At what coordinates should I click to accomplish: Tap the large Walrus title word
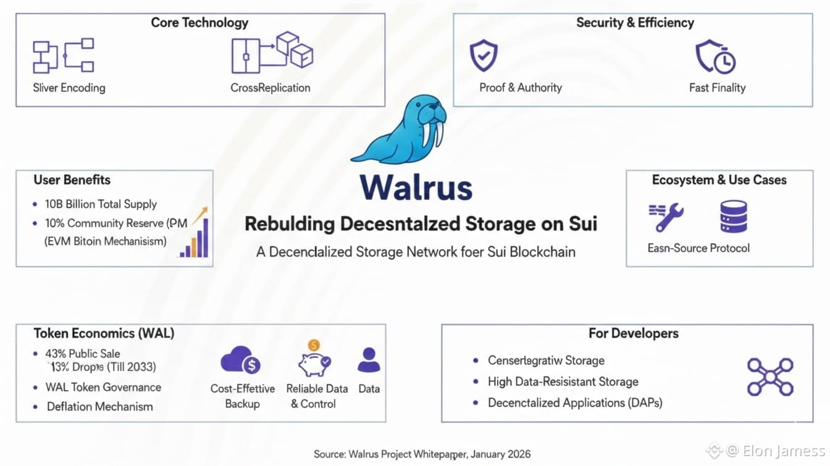point(415,186)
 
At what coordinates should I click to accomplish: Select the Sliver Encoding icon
point(63,56)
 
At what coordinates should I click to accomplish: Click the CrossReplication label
point(270,88)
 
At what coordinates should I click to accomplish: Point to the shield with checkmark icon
point(484,56)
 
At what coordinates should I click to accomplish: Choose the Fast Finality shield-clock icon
point(716,57)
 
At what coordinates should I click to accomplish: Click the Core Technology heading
point(199,23)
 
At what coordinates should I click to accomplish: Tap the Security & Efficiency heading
point(635,23)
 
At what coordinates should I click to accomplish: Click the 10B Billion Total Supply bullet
point(101,204)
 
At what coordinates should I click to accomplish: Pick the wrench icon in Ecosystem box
point(666,217)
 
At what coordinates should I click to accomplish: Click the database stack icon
point(734,217)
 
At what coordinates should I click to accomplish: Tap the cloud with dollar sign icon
point(240,360)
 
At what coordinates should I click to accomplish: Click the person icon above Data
point(369,360)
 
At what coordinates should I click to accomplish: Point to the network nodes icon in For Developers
point(770,377)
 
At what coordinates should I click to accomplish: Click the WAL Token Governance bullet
point(103,388)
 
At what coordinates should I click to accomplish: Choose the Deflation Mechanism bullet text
point(99,407)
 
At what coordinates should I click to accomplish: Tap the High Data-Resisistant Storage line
point(563,382)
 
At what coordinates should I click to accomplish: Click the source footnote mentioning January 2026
point(422,454)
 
